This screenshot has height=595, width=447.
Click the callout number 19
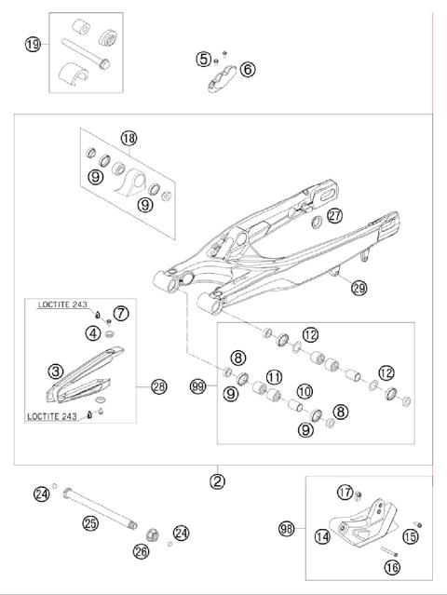33,44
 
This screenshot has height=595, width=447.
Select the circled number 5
203,59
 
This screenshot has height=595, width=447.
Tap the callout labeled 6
247,68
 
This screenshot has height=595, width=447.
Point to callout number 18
128,139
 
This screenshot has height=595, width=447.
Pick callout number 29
359,289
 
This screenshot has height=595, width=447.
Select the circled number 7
120,312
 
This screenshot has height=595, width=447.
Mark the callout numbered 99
196,385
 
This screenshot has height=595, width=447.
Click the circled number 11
274,376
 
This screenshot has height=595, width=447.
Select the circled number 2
217,480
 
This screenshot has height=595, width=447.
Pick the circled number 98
287,529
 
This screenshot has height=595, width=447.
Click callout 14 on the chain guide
322,535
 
